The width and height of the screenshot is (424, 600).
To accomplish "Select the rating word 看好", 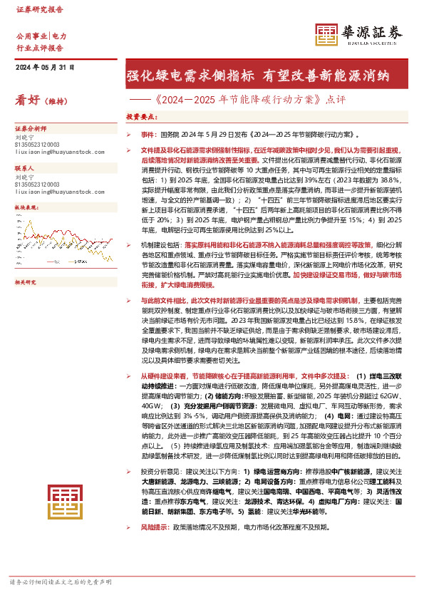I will coord(27,101).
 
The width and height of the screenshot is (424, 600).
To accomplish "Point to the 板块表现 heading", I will coord(26,207).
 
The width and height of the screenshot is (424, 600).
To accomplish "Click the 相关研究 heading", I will coord(26,262).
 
